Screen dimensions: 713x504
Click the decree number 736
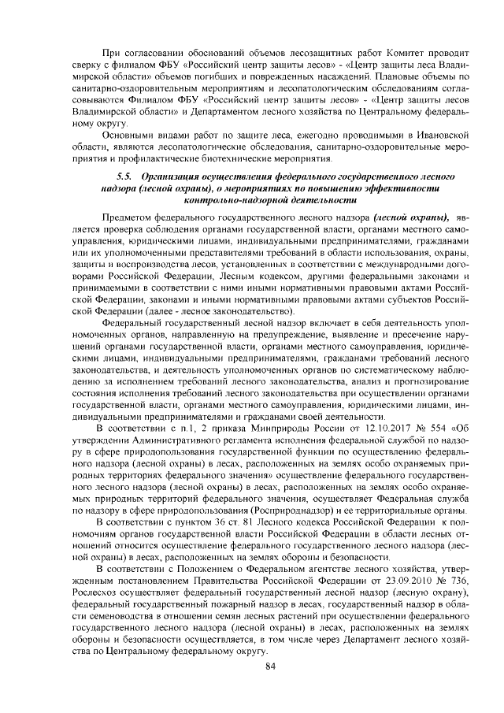[x=462, y=581]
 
